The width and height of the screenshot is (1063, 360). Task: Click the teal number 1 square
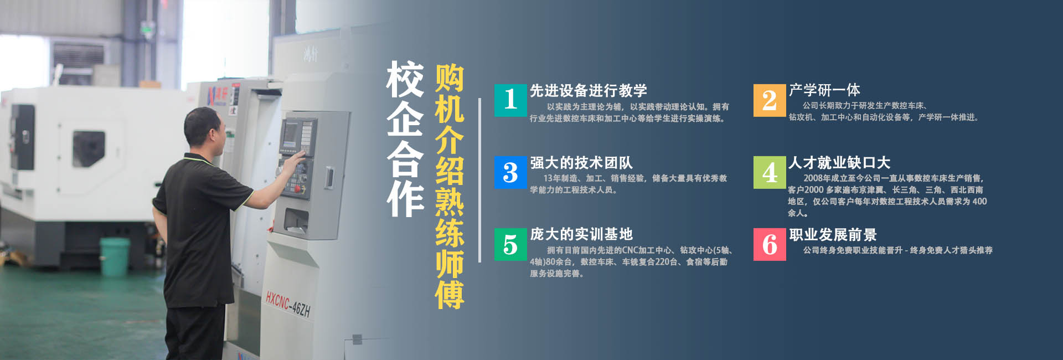click(x=510, y=100)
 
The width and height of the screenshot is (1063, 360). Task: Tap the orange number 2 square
click(x=769, y=100)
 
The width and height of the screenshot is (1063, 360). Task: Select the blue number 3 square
click(x=510, y=172)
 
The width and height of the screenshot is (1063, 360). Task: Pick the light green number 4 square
click(x=769, y=172)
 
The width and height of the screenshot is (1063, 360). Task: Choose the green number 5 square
click(x=510, y=244)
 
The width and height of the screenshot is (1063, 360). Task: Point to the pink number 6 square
click(x=769, y=244)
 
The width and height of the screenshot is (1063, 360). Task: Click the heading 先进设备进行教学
click(x=588, y=90)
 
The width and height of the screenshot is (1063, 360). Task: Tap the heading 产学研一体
click(x=824, y=90)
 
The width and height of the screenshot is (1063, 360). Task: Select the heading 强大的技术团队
click(x=581, y=162)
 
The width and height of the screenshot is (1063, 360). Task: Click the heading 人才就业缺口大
click(x=839, y=162)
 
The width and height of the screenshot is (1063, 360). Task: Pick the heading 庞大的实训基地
click(x=581, y=234)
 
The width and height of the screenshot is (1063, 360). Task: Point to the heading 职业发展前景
click(x=832, y=234)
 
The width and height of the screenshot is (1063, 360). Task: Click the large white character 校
click(x=405, y=79)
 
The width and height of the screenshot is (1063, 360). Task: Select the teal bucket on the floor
click(x=115, y=256)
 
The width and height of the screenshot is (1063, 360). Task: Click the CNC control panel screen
click(x=291, y=135)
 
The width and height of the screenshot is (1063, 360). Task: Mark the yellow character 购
click(x=449, y=78)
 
